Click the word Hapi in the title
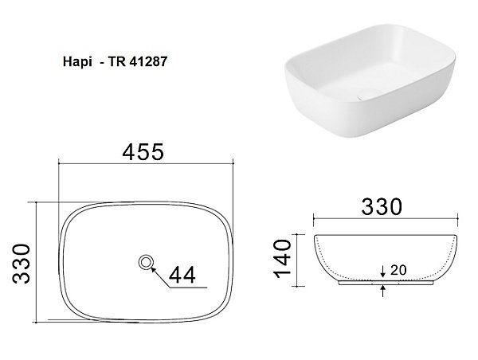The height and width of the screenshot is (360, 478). [77, 62]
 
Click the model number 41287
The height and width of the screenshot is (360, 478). [148, 62]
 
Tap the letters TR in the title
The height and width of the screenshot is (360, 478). [117, 62]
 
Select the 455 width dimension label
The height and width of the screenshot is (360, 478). [143, 152]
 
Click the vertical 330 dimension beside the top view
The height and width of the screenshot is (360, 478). [22, 264]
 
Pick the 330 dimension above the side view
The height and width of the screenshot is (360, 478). [382, 206]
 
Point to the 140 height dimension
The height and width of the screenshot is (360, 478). [283, 259]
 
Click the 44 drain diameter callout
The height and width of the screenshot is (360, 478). [182, 275]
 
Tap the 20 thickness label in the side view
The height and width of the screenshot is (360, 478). [398, 270]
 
